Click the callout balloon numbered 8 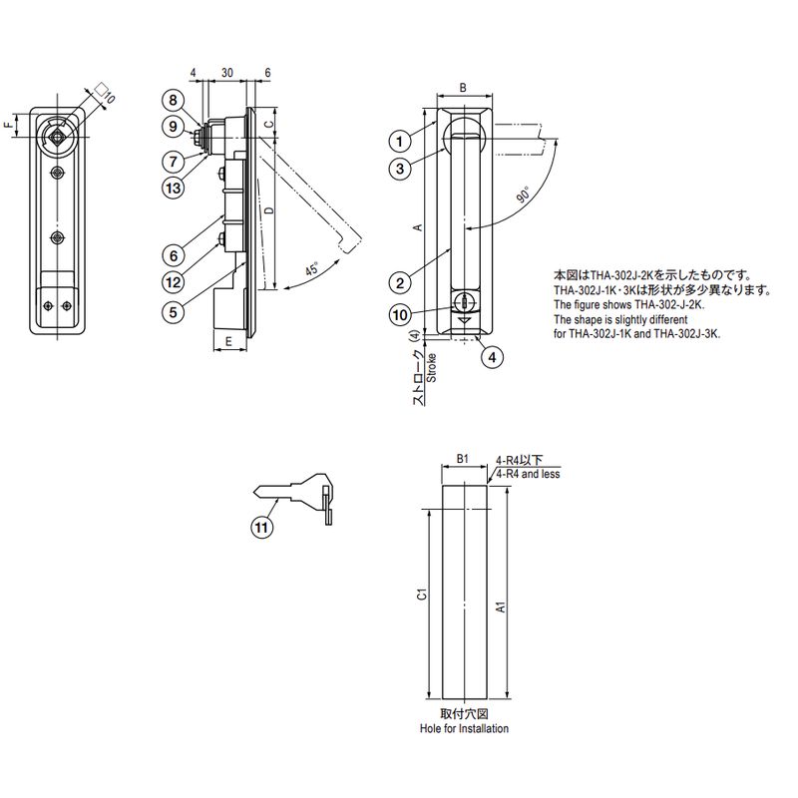click(x=173, y=100)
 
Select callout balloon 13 click(x=173, y=189)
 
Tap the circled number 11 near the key click(x=261, y=527)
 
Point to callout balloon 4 click(x=492, y=357)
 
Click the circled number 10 click(x=400, y=315)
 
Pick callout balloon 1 click(x=400, y=141)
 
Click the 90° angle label click(x=524, y=195)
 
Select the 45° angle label click(x=312, y=268)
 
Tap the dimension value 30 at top click(x=227, y=73)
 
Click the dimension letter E click(x=228, y=341)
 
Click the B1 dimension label click(x=462, y=459)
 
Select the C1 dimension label click(x=421, y=594)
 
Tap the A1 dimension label click(x=501, y=606)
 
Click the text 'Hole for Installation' click(x=464, y=729)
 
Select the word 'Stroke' click(x=431, y=367)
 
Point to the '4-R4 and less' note click(x=528, y=474)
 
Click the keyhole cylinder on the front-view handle click(x=465, y=302)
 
